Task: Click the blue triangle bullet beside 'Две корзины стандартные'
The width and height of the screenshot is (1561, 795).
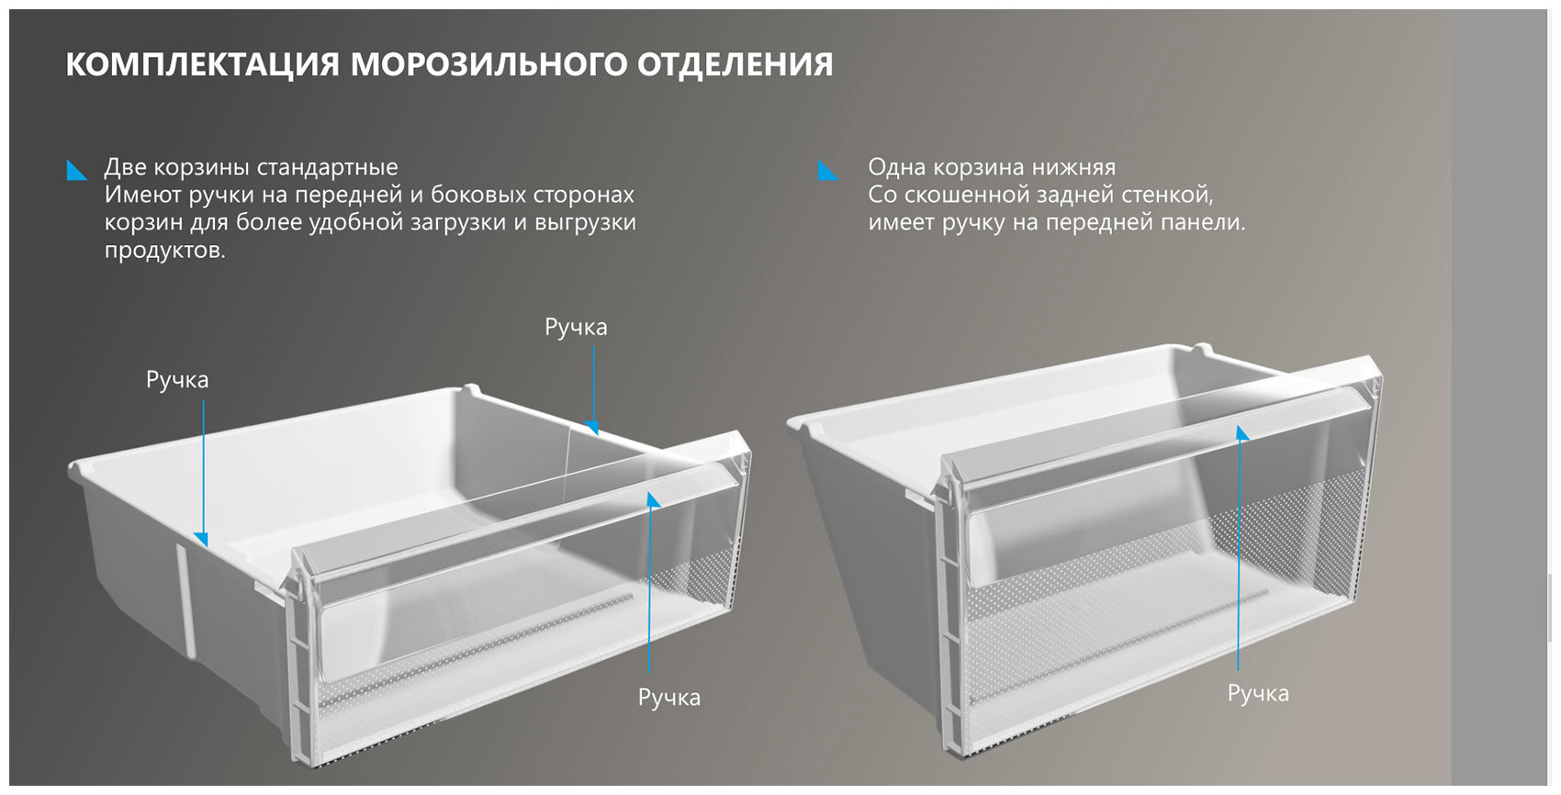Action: (77, 170)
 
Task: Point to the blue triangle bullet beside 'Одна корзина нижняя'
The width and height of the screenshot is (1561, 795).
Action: (828, 171)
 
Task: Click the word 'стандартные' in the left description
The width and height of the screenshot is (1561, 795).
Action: (327, 167)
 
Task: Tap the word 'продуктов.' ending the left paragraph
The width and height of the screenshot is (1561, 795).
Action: (164, 251)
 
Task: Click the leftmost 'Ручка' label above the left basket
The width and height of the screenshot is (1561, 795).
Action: (177, 380)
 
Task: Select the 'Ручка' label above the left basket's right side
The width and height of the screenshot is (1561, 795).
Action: (576, 328)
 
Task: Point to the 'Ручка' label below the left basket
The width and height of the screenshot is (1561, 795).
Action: (669, 698)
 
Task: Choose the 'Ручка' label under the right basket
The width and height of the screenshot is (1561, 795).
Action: (1258, 694)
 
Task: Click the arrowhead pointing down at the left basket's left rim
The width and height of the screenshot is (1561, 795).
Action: (202, 539)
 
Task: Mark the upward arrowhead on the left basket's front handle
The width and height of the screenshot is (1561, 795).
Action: (652, 499)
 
